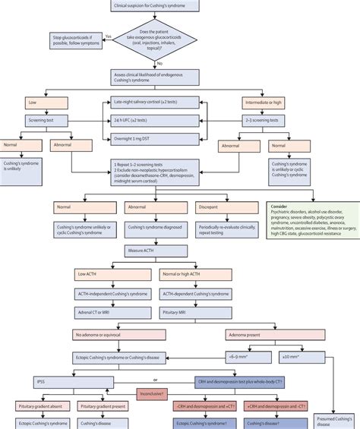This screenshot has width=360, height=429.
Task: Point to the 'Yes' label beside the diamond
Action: pyautogui.click(x=109, y=35)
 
